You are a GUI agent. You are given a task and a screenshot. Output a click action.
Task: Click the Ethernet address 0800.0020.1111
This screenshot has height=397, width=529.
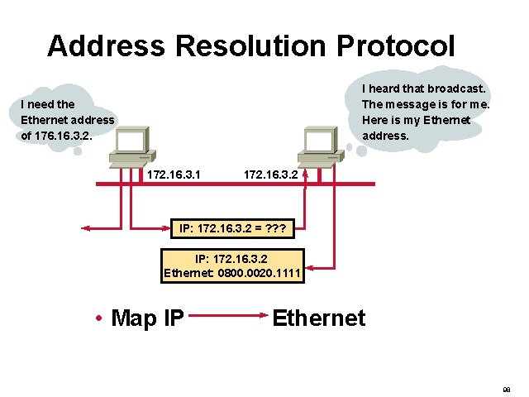pos(259,272)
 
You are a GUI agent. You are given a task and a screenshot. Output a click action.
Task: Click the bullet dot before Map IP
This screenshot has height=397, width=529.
pos(98,318)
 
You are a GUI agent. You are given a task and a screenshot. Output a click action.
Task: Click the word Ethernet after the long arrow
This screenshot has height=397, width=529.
pos(318,318)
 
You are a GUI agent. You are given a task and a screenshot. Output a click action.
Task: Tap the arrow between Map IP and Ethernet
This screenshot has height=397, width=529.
pos(227,315)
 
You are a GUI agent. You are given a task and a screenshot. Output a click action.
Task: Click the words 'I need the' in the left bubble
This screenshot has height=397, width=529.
pos(48,104)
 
